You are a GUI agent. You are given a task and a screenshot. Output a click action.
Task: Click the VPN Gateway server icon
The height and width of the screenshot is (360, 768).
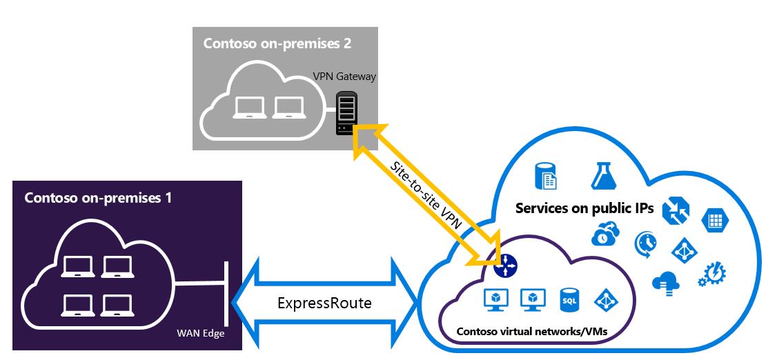pyautogui.click(x=346, y=114)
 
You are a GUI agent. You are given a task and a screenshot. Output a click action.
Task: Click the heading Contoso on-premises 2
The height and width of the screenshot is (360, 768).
pyautogui.click(x=277, y=43)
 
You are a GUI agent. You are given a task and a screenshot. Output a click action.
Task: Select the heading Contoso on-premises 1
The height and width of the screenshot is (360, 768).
pyautogui.click(x=98, y=198)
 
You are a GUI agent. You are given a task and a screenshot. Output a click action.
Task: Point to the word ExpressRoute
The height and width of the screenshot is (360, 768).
pyautogui.click(x=324, y=303)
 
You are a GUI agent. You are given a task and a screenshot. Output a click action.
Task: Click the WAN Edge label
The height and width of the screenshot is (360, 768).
pyautogui.click(x=200, y=334)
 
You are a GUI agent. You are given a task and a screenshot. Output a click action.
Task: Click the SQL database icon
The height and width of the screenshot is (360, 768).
pyautogui.click(x=569, y=299)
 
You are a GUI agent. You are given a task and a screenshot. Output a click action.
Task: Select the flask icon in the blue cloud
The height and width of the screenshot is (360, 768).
pyautogui.click(x=602, y=176)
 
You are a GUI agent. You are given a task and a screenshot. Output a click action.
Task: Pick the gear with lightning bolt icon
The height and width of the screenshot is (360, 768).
pyautogui.click(x=711, y=272)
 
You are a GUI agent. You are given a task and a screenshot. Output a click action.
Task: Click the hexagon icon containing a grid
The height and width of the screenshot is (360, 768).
pyautogui.click(x=716, y=221)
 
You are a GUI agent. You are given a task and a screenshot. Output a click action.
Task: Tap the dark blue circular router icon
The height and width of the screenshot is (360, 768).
pyautogui.click(x=506, y=263)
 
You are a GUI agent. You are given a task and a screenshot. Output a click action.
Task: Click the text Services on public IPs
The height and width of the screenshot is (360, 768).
pyautogui.click(x=584, y=209)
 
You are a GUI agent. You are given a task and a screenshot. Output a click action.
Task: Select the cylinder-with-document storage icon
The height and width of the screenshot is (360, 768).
pyautogui.click(x=546, y=175)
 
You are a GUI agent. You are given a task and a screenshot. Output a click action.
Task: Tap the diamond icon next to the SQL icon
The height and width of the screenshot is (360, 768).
pyautogui.click(x=606, y=299)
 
